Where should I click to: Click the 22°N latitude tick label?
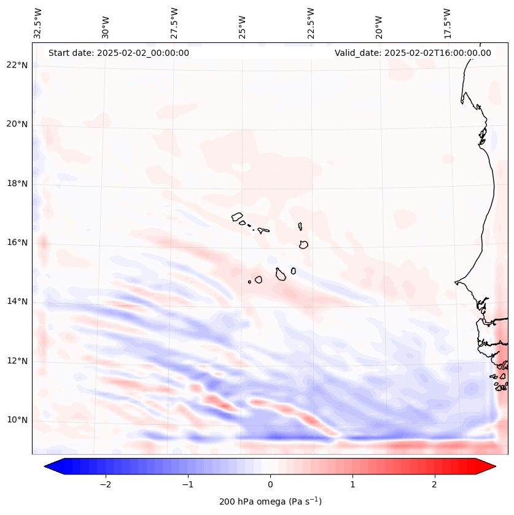click(17, 65)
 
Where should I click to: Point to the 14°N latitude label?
click(17, 301)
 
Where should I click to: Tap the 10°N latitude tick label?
click(17, 420)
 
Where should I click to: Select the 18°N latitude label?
click(17, 184)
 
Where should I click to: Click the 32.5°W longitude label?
click(38, 23)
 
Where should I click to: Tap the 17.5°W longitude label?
click(447, 23)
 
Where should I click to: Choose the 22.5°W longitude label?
click(311, 23)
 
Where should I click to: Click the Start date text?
click(119, 53)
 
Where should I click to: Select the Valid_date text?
click(413, 53)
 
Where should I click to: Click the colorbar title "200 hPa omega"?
click(270, 501)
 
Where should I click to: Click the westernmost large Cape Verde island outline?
click(237, 216)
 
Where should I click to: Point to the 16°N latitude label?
click(17, 242)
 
